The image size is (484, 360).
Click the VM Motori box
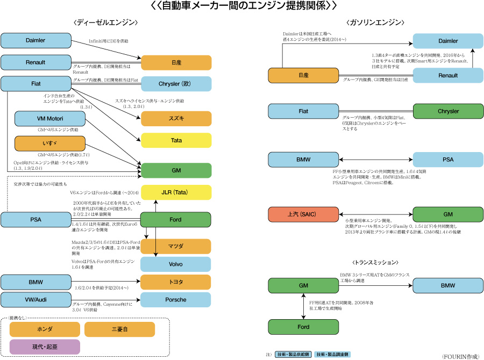(x=50, y=119)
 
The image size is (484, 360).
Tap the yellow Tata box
(x=176, y=140)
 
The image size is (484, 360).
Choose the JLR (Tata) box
(x=176, y=192)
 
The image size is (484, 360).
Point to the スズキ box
(x=176, y=118)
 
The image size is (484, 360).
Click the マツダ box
(x=176, y=246)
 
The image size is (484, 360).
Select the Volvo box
(x=176, y=264)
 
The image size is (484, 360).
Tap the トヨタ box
(x=176, y=282)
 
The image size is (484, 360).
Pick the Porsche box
(x=176, y=299)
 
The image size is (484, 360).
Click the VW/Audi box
(x=35, y=299)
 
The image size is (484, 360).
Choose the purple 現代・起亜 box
(x=45, y=347)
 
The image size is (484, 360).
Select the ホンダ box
(x=45, y=328)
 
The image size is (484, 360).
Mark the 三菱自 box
(x=119, y=328)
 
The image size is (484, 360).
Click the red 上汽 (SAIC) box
(x=303, y=213)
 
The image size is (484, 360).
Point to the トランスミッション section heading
(x=376, y=263)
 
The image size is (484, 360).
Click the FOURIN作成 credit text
(x=461, y=356)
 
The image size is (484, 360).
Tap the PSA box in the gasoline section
(x=447, y=160)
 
